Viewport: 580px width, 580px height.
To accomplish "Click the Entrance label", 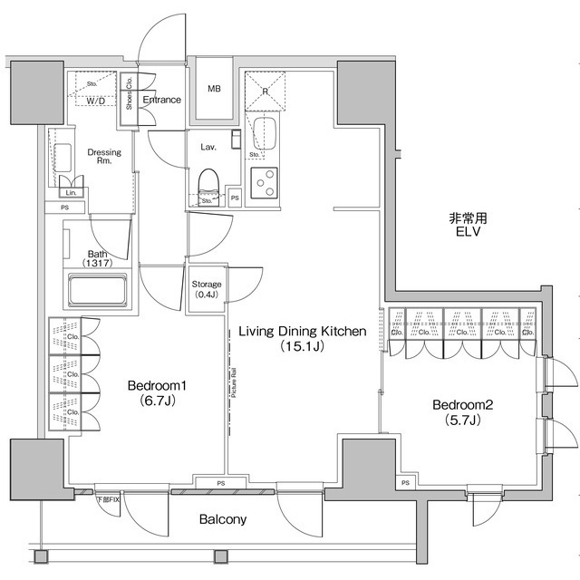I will (x=163, y=100).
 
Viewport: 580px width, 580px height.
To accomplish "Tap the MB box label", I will (x=214, y=89).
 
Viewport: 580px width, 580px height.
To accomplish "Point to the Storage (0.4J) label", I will (x=207, y=290).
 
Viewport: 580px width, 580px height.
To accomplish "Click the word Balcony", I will (x=223, y=519).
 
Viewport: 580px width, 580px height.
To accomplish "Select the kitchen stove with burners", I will (x=265, y=184).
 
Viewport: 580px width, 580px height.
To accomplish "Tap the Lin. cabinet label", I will (x=71, y=193).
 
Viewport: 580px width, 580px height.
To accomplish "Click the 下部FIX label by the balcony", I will (x=108, y=499).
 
